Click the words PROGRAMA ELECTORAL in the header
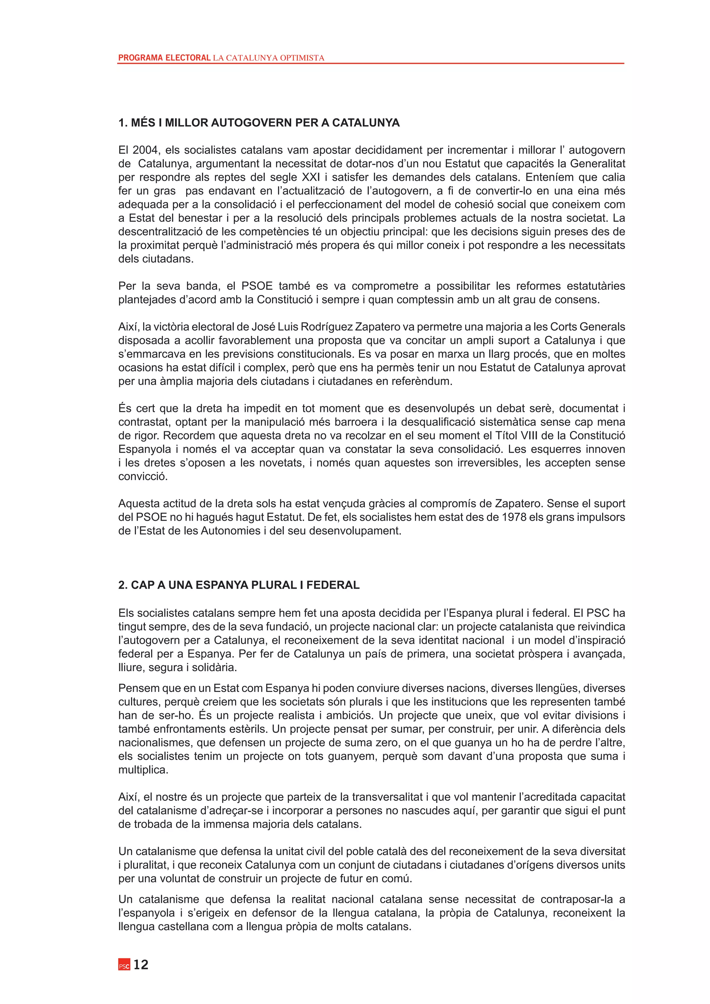coord(164,58)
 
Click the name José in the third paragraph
coord(263,327)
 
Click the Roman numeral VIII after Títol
coord(529,435)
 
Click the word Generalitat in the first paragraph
coord(598,164)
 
